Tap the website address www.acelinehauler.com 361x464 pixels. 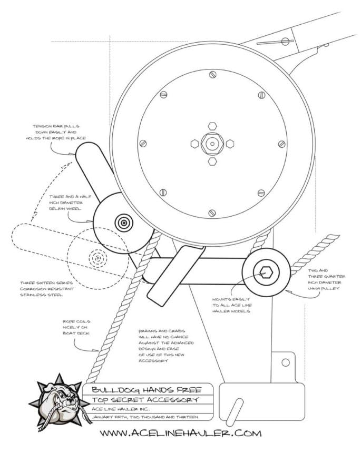click(181, 433)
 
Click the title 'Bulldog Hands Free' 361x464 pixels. click(146, 390)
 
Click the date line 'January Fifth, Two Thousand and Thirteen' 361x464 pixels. click(145, 417)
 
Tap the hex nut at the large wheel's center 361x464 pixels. click(212, 143)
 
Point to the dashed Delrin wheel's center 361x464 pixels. click(97, 258)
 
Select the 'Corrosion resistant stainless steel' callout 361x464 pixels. click(46, 289)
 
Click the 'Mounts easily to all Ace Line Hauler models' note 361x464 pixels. click(231, 305)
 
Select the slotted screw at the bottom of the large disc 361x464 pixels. click(212, 213)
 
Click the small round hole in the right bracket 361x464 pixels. click(285, 362)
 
